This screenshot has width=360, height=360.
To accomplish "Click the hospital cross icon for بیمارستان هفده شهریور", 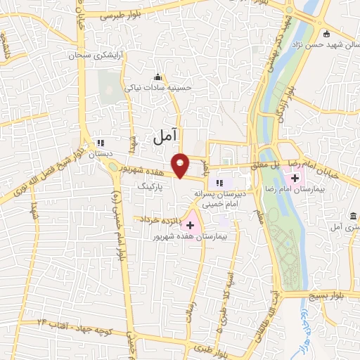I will point(190,224).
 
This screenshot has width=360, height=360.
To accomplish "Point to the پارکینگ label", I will point(151,188).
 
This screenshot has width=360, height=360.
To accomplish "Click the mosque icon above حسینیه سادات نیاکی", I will point(157,77).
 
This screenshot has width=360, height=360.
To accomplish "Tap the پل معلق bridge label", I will point(272,163).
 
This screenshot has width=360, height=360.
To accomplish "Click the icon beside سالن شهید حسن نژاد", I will point(326,33).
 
